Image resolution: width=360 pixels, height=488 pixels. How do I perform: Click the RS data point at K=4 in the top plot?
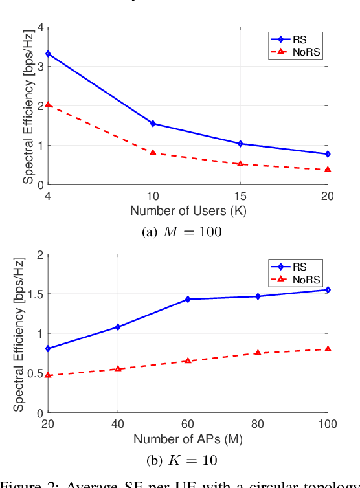point(48,54)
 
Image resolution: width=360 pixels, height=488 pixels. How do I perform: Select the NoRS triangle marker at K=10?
point(153,152)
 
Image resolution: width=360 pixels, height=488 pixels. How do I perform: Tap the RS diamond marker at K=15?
point(240,144)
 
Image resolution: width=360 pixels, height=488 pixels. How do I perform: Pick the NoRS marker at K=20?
point(328,170)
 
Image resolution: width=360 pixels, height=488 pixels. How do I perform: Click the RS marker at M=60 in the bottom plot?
point(188,299)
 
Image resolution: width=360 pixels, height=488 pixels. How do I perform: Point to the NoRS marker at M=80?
point(258,353)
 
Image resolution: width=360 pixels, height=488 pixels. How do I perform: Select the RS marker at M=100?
point(328,290)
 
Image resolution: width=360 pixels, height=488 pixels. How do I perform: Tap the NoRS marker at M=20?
point(48,375)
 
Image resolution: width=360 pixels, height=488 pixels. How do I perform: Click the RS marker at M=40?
point(118,327)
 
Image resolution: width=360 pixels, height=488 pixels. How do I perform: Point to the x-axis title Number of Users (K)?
point(188,210)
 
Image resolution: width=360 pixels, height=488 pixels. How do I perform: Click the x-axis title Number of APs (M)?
point(188,439)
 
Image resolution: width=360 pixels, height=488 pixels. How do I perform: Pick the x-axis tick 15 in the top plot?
point(240,195)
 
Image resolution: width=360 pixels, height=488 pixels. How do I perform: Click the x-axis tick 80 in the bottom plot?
point(258,424)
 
